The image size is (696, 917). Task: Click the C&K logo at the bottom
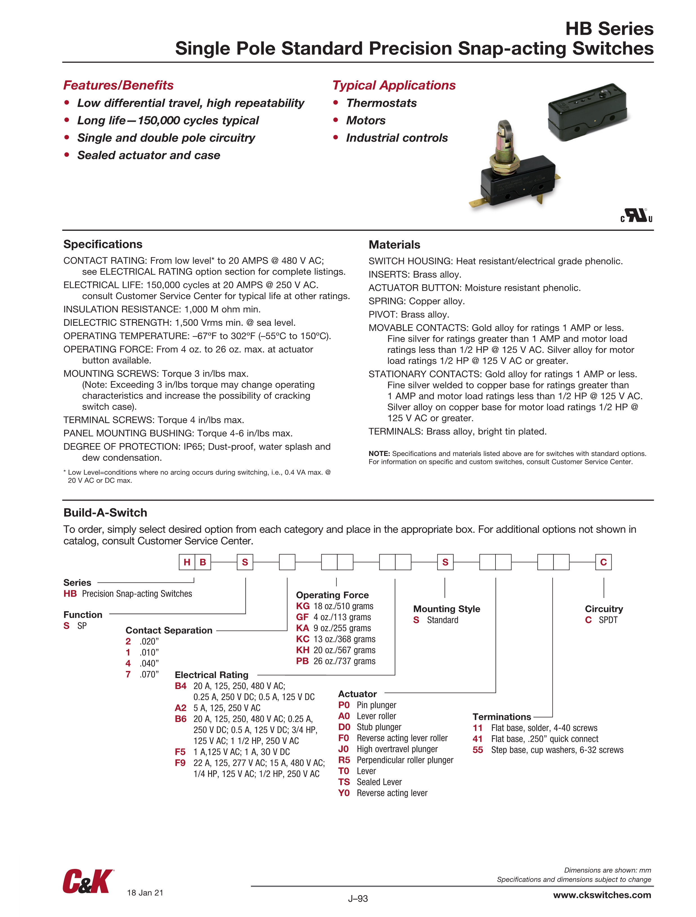87,881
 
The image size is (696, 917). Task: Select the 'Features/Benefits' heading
118,85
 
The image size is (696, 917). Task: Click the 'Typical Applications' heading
394,85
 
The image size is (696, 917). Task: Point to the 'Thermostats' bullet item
381,103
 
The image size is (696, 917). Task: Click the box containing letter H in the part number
187,562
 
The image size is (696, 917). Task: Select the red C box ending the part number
603,562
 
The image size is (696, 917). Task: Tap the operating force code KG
303,606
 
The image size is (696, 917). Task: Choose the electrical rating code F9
180,763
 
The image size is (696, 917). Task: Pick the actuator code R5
344,760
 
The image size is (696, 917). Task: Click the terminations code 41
477,739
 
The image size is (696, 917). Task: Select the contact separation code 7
128,674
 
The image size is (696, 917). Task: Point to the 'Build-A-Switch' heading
105,512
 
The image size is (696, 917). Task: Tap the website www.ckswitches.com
602,895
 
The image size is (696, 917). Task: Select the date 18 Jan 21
145,893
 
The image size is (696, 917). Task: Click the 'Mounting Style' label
446,609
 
